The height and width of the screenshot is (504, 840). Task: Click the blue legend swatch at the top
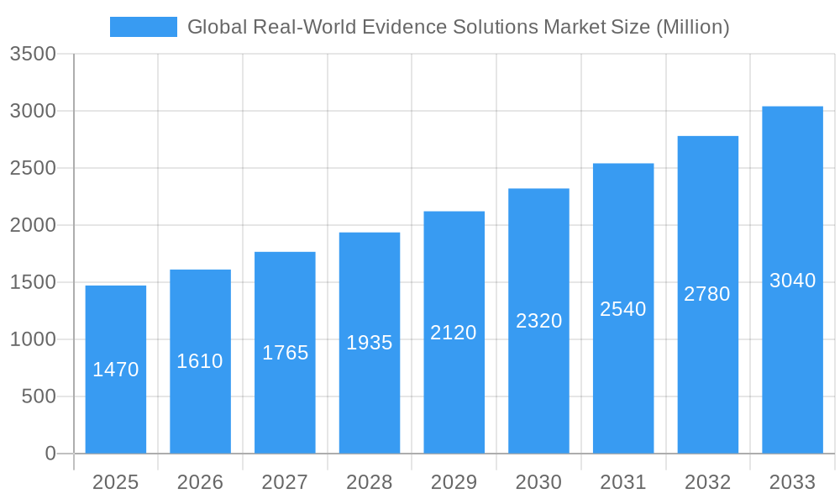pyautogui.click(x=143, y=27)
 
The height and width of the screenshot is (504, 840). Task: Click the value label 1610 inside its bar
pyautogui.click(x=200, y=361)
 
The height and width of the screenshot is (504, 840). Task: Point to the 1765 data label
pyautogui.click(x=285, y=353)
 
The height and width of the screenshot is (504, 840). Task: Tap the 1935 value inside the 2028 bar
pyautogui.click(x=370, y=343)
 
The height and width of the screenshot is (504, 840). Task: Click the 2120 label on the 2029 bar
pyautogui.click(x=454, y=333)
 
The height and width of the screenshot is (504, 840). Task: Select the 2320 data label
pyautogui.click(x=538, y=321)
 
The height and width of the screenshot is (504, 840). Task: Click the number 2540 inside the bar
pyautogui.click(x=623, y=309)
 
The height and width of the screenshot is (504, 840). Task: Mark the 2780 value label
pyautogui.click(x=707, y=294)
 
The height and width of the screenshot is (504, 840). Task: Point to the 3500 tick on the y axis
pyautogui.click(x=33, y=55)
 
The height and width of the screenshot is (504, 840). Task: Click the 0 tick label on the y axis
pyautogui.click(x=50, y=454)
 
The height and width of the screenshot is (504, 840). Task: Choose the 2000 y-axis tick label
pyautogui.click(x=33, y=225)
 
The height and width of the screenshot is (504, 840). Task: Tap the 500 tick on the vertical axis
pyautogui.click(x=39, y=396)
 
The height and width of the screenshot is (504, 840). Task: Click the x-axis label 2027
pyautogui.click(x=285, y=482)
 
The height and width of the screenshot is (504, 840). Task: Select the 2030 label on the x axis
pyautogui.click(x=538, y=482)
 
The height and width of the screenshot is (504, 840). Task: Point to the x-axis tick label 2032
pyautogui.click(x=707, y=482)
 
